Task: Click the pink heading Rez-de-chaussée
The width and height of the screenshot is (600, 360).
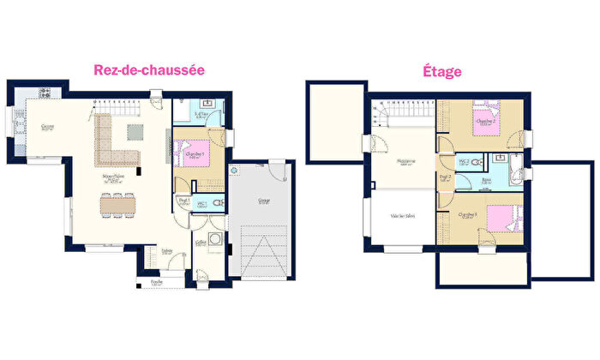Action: click(148, 71)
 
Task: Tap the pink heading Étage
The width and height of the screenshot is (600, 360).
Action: click(442, 71)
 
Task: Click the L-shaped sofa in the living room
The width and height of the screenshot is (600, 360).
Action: click(107, 141)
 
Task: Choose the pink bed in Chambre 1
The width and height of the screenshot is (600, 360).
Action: click(189, 153)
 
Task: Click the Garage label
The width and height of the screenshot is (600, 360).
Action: click(263, 201)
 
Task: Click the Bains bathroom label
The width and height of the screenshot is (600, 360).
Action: click(486, 182)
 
